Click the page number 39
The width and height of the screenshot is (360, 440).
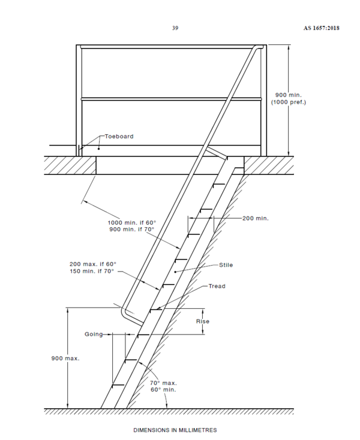[x=175, y=28]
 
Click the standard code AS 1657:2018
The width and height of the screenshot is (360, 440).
[x=321, y=28]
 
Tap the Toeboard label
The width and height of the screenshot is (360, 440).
[x=119, y=137]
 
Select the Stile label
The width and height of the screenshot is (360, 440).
[x=226, y=265]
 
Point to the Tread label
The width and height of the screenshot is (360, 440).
[x=217, y=286]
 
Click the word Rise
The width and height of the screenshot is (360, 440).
[x=203, y=321]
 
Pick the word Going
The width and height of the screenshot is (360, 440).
[x=94, y=334]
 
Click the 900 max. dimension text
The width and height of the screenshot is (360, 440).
[x=65, y=358]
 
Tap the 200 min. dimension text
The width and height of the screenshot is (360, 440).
[x=256, y=218]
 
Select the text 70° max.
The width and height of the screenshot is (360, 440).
[x=163, y=383]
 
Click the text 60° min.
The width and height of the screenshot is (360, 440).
[x=163, y=390]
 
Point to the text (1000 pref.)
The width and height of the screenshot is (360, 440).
[x=289, y=102]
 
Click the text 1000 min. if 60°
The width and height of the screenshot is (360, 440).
[x=132, y=223]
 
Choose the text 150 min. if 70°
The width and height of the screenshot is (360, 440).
[x=92, y=272]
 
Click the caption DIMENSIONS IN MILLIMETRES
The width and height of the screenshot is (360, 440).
[x=175, y=430]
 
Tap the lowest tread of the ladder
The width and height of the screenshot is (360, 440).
[x=118, y=385]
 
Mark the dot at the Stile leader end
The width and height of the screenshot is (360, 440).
[x=175, y=272]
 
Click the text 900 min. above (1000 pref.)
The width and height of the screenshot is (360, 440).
[x=289, y=95]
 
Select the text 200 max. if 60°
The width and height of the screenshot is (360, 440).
[x=93, y=264]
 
